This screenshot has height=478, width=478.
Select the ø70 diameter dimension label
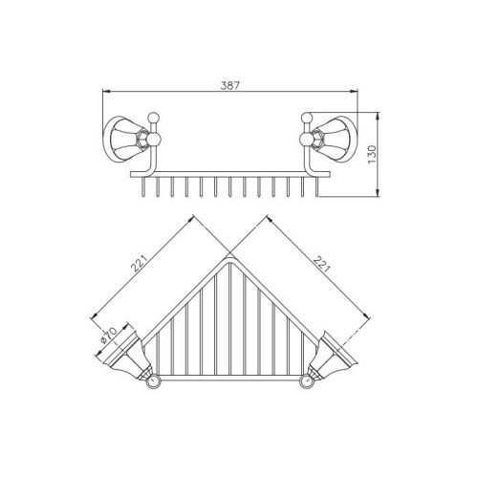pyautogui.click(x=107, y=336)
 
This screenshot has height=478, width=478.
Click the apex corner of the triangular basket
pyautogui.click(x=229, y=256)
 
